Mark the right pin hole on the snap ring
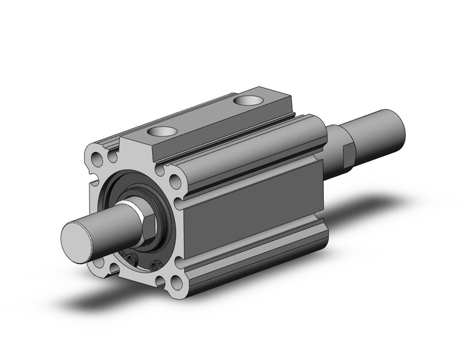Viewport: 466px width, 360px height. point(153,264)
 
